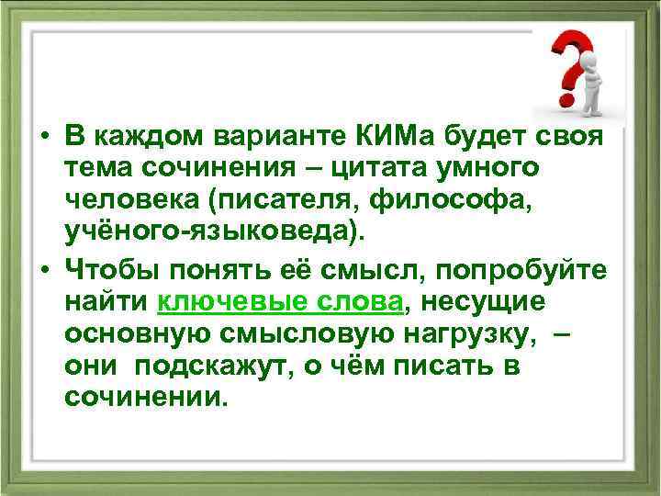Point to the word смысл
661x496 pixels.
tap(375, 269)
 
